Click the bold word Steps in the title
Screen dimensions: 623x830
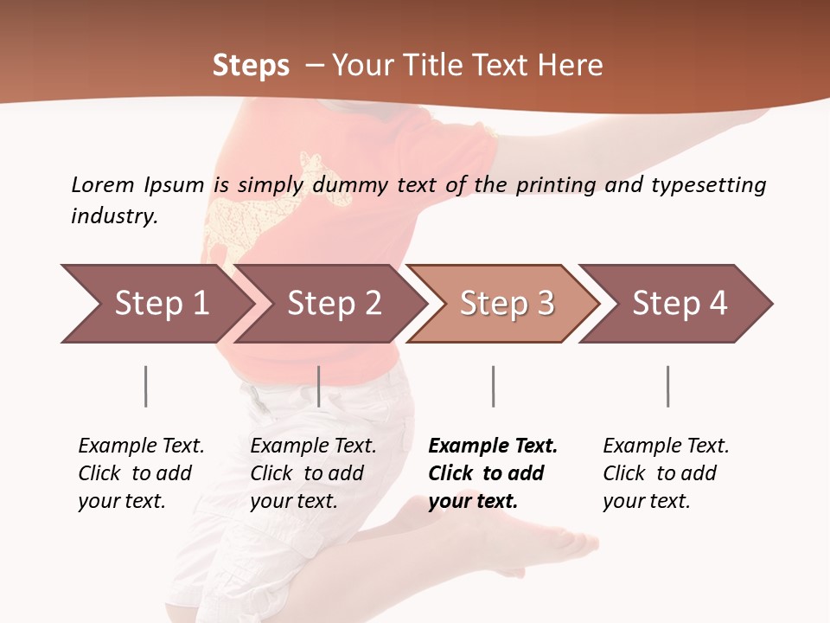(251, 66)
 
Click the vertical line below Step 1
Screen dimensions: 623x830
(146, 386)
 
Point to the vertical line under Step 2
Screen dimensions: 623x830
(319, 386)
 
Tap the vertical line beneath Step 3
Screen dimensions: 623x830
(493, 386)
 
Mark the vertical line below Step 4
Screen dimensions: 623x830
(667, 386)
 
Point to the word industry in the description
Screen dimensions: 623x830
(113, 215)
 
